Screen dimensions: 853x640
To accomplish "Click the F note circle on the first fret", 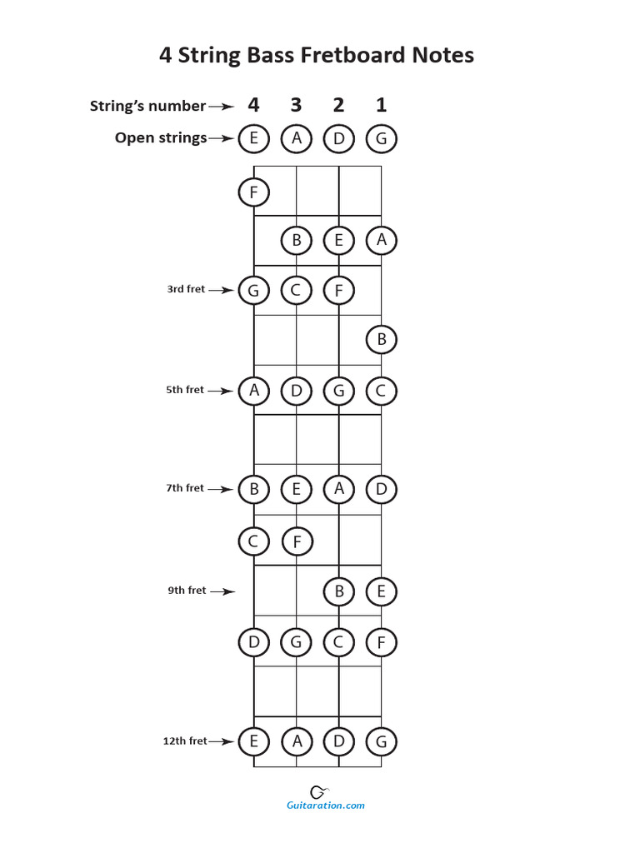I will coord(253,193).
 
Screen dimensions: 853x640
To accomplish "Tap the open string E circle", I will coord(253,138).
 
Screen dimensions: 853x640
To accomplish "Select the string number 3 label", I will coord(296,105).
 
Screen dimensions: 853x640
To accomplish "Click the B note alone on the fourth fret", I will coord(381,339).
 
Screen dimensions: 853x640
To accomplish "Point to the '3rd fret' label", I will coord(185,289).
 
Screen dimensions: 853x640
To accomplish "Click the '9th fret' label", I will coord(186,591).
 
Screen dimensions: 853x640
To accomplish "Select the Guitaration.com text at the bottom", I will coord(325,806).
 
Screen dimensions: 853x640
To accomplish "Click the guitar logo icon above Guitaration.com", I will coord(318,791).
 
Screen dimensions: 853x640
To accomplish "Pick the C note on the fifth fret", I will coord(381,390).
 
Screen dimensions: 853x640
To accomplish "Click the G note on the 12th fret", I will coord(381,741).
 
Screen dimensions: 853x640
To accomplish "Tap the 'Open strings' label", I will coord(161,138).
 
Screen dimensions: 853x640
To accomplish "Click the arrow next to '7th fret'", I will coord(221,489).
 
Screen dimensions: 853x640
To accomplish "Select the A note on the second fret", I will coord(381,240).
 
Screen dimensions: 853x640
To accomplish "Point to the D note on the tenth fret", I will coord(253,642).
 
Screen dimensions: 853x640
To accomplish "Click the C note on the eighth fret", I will coord(253,541).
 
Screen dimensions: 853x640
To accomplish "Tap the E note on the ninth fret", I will coord(381,591).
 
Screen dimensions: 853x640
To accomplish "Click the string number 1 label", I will coord(381,105).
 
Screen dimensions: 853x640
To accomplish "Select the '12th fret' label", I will coord(184,741).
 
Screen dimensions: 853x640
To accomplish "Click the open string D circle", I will coord(338,138).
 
